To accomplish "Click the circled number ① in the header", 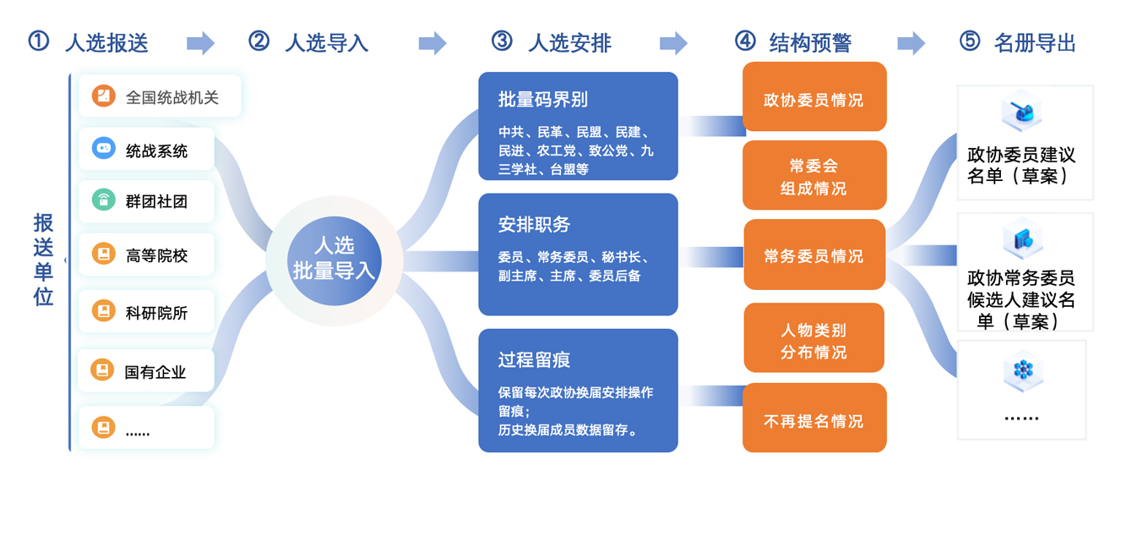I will [x=38, y=41].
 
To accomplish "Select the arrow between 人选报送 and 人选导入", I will [x=200, y=42].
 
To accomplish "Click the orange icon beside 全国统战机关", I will [x=103, y=96].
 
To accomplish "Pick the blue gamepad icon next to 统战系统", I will [x=103, y=149].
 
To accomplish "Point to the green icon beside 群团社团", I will [x=103, y=200].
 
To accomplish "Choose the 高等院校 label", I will [x=156, y=255].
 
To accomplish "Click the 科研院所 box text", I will [x=156, y=313].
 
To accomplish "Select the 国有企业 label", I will [x=155, y=372].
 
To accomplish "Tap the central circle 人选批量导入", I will [x=335, y=259].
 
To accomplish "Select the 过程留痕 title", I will [x=534, y=360].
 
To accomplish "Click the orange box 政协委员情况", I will [x=814, y=98].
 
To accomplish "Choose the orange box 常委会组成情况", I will [x=814, y=176].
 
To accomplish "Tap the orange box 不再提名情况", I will [x=814, y=419].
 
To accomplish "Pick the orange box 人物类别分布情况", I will [x=814, y=339].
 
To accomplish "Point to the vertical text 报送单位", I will [x=43, y=260].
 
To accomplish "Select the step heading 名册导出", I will [x=1035, y=42].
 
